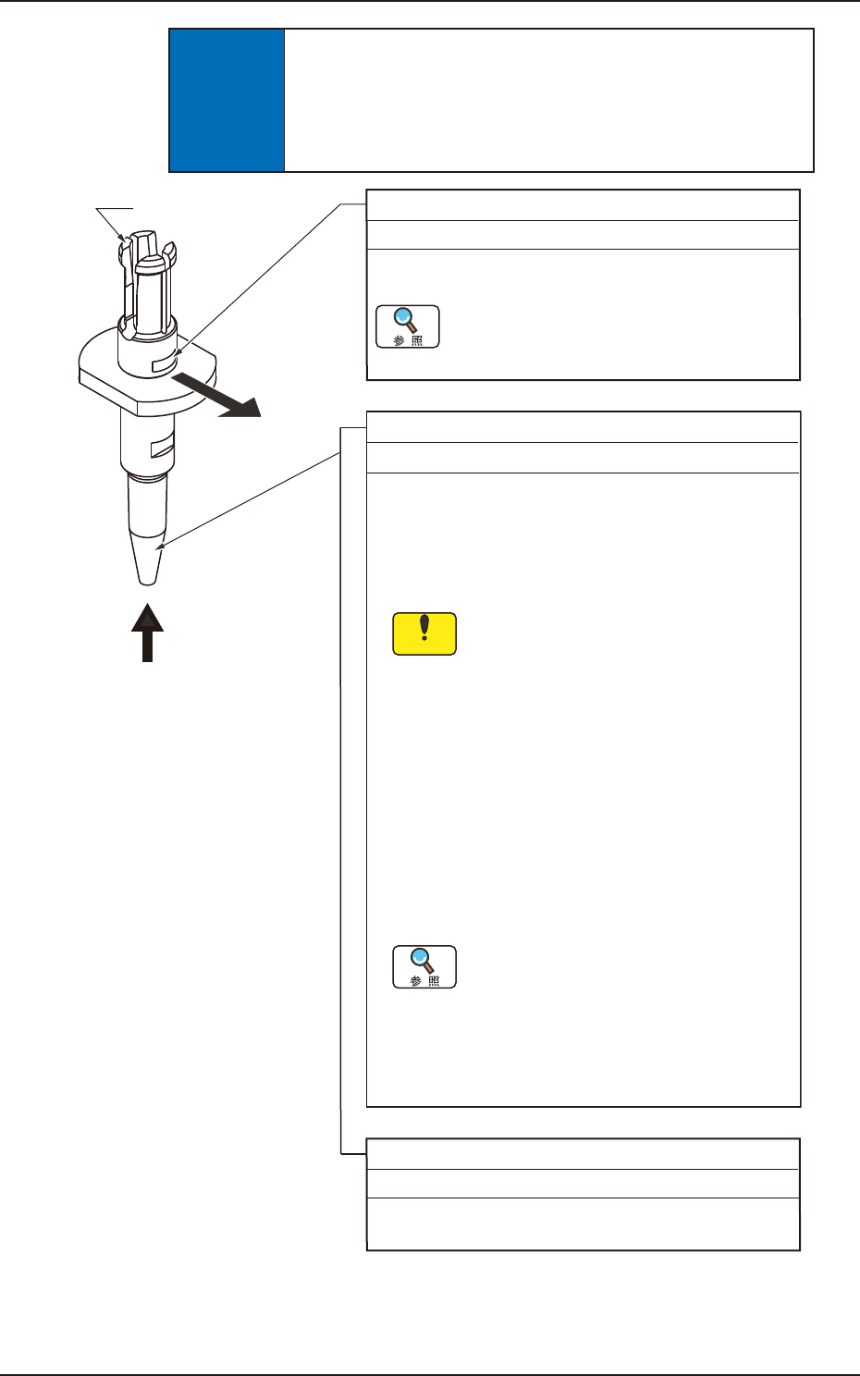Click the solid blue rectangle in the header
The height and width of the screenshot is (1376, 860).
click(227, 100)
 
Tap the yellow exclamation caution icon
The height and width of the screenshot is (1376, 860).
click(424, 633)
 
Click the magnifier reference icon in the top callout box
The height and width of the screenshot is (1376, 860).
click(408, 326)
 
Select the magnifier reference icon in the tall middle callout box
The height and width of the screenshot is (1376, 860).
click(424, 966)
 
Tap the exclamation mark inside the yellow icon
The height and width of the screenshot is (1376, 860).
click(424, 628)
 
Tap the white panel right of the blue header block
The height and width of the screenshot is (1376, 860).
click(548, 100)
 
